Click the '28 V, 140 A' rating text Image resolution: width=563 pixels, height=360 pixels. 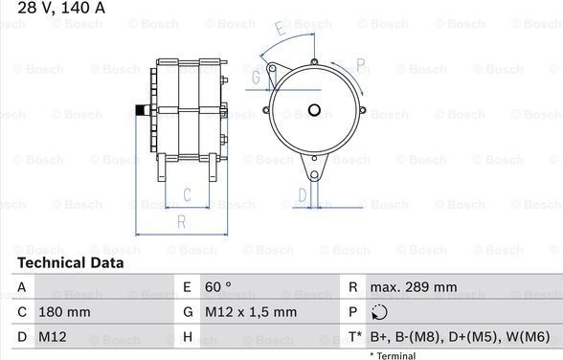(x=61, y=7)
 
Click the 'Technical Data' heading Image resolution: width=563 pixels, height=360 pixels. (x=71, y=262)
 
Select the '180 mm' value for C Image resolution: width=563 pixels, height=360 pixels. (x=64, y=312)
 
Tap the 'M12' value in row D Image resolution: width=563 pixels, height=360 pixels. (x=53, y=337)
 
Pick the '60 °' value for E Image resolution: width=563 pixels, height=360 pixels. (x=218, y=287)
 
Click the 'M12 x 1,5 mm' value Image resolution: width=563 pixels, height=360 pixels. (x=251, y=312)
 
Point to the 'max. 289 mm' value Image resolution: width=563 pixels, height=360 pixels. (x=414, y=287)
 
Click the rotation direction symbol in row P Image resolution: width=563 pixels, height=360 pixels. (x=379, y=312)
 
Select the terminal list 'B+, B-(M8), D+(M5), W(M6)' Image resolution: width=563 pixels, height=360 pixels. (x=460, y=337)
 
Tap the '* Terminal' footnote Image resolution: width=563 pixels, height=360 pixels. (x=393, y=356)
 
